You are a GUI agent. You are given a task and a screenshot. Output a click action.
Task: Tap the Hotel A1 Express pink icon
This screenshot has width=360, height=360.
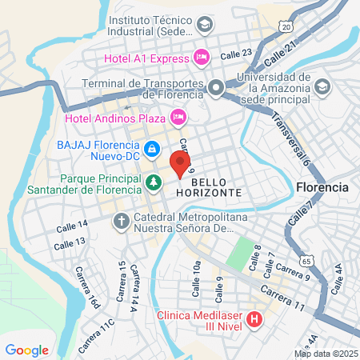[x=201, y=58]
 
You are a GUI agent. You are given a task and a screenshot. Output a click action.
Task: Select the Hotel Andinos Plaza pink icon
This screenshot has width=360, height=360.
[x=178, y=118]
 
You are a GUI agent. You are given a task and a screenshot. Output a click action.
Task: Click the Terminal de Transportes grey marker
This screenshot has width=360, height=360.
[x=215, y=87]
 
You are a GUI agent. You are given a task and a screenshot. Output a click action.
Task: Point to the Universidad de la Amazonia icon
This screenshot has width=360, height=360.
[x=322, y=86]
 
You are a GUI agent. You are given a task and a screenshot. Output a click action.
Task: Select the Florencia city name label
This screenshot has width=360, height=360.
[x=322, y=186]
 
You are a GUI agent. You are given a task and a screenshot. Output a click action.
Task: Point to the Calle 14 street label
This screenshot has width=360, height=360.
[x=72, y=227]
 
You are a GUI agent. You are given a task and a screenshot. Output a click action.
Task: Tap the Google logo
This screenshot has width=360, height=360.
[x=26, y=350]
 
